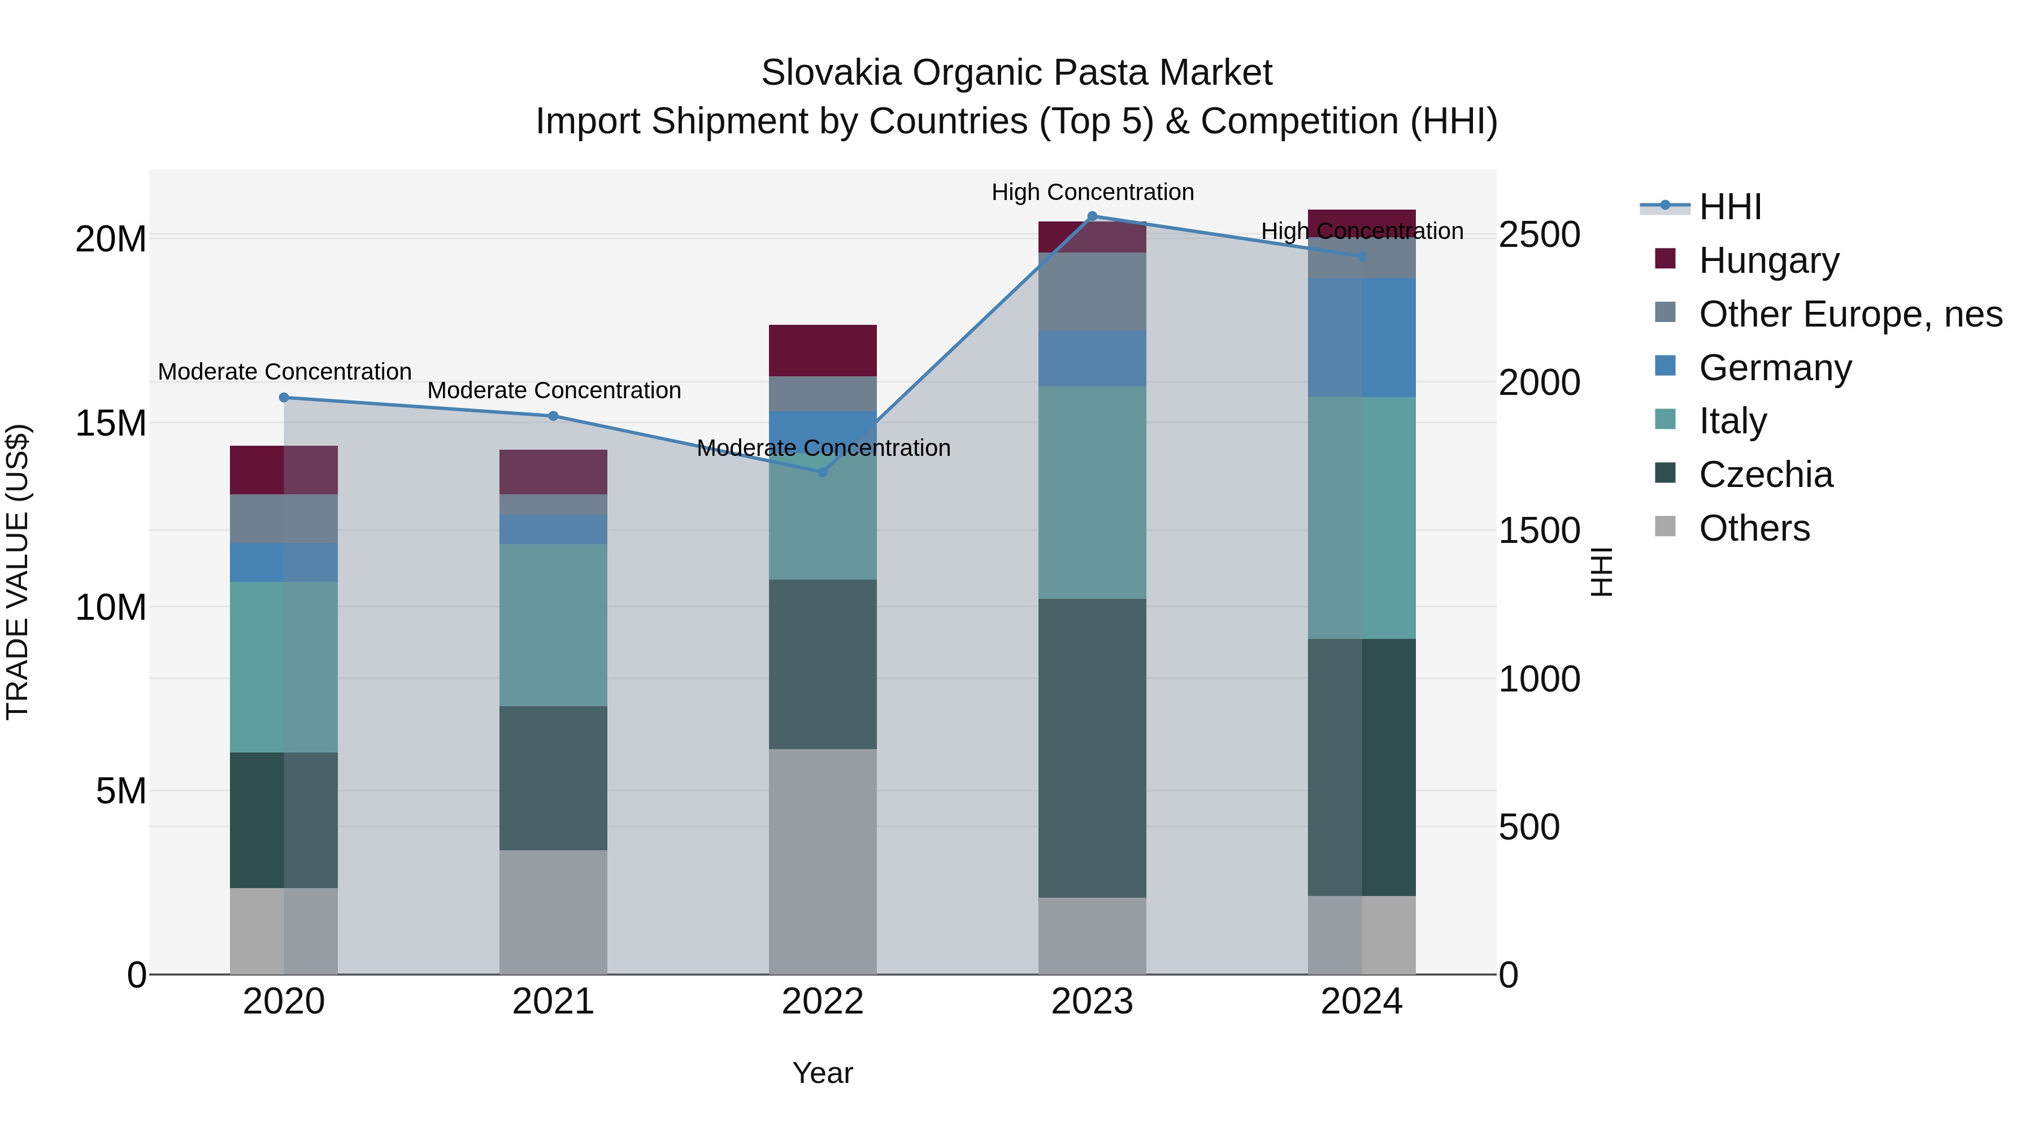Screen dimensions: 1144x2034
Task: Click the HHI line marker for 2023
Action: pyautogui.click(x=1092, y=216)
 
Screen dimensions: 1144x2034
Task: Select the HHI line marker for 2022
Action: pyautogui.click(x=822, y=472)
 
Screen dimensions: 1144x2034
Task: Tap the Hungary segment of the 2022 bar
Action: pyautogui.click(x=822, y=350)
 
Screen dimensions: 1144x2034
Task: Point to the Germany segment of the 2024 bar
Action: pyautogui.click(x=1361, y=337)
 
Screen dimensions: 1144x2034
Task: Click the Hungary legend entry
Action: pyautogui.click(x=1768, y=260)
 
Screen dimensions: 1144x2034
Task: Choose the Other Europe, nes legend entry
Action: pyautogui.click(x=1850, y=314)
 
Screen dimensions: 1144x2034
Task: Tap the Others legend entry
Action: pyautogui.click(x=1754, y=528)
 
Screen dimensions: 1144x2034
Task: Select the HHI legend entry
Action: pyautogui.click(x=1729, y=207)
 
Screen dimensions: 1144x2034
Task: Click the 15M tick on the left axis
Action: pyautogui.click(x=111, y=423)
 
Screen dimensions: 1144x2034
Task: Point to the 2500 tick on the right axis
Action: pyautogui.click(x=1539, y=235)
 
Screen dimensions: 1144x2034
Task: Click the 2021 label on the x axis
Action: pyautogui.click(x=553, y=1002)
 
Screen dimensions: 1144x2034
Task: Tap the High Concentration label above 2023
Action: pyautogui.click(x=1092, y=192)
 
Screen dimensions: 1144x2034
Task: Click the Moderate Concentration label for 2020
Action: pyautogui.click(x=284, y=371)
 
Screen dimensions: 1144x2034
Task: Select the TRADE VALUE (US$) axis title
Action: pyautogui.click(x=18, y=572)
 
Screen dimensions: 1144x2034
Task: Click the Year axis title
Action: pyautogui.click(x=822, y=1073)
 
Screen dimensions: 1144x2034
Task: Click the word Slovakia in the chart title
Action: pyautogui.click(x=831, y=73)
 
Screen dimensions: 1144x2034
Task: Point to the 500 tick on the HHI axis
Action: pyautogui.click(x=1529, y=828)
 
